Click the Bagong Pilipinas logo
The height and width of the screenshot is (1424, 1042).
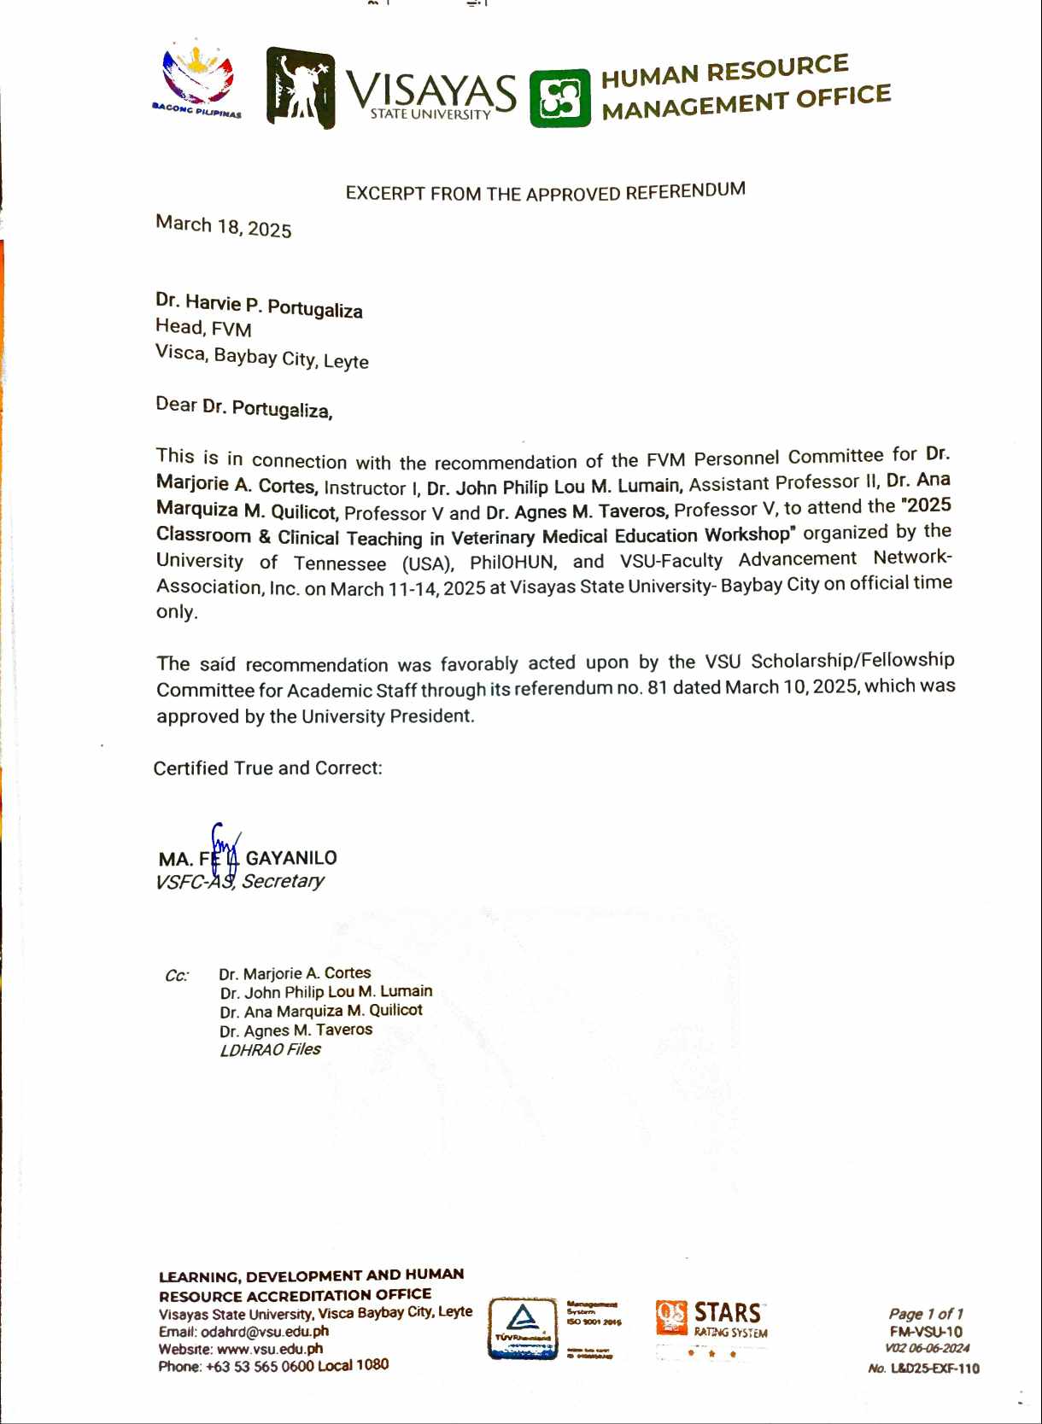198,81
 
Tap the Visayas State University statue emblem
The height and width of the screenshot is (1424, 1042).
300,88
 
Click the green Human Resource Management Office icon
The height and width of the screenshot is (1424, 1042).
560,98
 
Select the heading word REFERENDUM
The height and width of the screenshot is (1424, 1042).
685,190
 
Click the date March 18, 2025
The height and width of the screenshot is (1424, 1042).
223,226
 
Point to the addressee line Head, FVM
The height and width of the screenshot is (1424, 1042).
203,328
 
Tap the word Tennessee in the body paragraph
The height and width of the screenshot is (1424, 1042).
340,563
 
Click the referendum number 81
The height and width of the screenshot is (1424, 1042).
657,687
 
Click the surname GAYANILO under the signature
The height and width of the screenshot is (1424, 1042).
291,858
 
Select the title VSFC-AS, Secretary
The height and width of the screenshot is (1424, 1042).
239,882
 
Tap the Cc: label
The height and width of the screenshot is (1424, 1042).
177,976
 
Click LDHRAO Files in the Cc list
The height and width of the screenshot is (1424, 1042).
270,1050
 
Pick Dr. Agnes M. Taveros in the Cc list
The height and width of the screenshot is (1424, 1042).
296,1030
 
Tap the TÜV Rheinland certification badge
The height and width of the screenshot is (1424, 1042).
522,1329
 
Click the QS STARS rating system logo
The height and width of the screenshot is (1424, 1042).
711,1319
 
